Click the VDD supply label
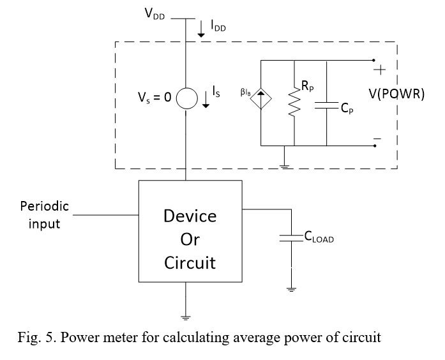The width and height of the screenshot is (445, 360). click(x=155, y=13)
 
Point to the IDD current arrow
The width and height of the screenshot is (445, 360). click(x=201, y=29)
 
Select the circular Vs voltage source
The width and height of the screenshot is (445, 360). click(x=186, y=98)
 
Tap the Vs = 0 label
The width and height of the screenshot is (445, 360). click(x=155, y=97)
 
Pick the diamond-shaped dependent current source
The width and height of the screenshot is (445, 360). click(x=261, y=98)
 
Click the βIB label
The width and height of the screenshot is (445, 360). click(x=246, y=92)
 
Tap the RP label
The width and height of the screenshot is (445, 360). click(x=308, y=86)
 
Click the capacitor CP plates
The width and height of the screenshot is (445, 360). click(x=326, y=105)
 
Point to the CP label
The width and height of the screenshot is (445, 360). click(x=347, y=108)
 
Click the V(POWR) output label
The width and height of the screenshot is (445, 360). click(x=396, y=94)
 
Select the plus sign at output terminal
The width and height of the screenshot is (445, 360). click(x=379, y=70)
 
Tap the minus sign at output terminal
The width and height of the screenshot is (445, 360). click(x=377, y=139)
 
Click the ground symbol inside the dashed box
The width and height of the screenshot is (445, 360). click(x=284, y=166)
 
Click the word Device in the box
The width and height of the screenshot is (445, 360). click(x=190, y=216)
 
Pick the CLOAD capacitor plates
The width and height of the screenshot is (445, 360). click(x=291, y=238)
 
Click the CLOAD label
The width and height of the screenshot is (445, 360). click(x=319, y=237)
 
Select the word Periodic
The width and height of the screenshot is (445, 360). click(x=45, y=206)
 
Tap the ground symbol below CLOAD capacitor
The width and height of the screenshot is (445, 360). click(x=291, y=290)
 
